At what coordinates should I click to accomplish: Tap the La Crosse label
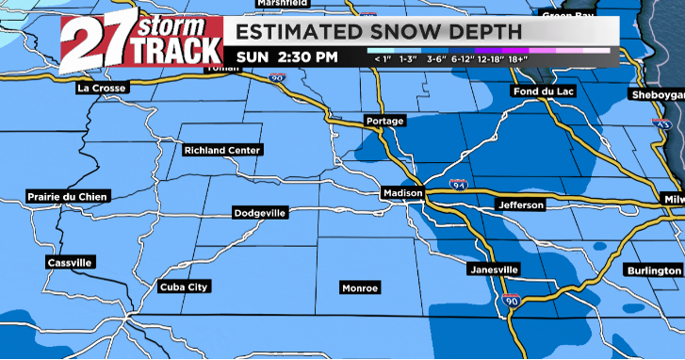coord(102,88)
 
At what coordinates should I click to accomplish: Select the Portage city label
coord(384,122)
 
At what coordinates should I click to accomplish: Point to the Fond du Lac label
coord(541,91)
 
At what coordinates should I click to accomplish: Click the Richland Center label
coord(222,150)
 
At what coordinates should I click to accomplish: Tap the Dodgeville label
coord(260,214)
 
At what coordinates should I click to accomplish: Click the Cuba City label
coord(185,286)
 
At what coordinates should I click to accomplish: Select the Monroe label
coord(360,286)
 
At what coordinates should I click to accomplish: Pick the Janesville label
coord(494,270)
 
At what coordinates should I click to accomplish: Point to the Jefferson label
coord(520,205)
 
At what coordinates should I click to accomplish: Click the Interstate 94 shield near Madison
coord(458,184)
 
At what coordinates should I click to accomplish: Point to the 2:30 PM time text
coord(307,57)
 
